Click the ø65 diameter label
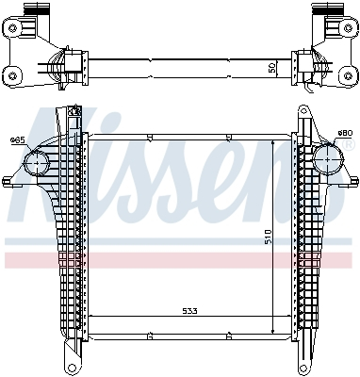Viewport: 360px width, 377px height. click(x=16, y=140)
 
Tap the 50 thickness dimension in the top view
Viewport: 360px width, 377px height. click(x=272, y=69)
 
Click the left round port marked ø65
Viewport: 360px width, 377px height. click(x=35, y=162)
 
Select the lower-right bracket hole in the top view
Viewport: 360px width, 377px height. click(x=346, y=73)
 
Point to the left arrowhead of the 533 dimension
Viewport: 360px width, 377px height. click(x=90, y=316)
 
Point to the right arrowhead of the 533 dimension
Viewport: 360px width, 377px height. click(x=288, y=316)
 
